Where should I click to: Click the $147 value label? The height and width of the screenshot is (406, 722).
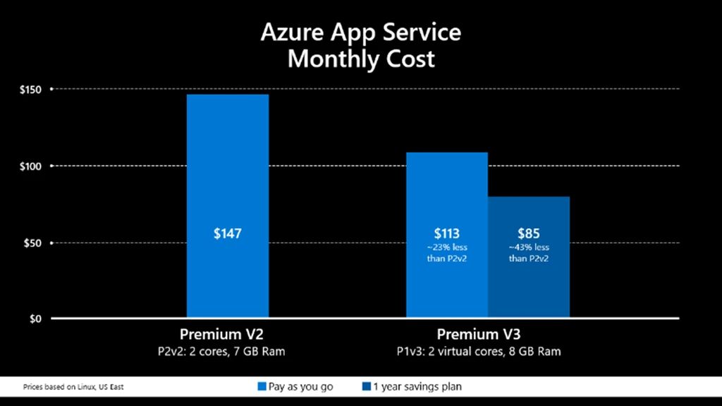[x=227, y=233]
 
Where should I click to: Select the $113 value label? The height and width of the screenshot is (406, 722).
[x=446, y=233]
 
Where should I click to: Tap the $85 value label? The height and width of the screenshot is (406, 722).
[x=528, y=233]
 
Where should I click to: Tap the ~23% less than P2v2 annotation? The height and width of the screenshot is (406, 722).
[x=446, y=253]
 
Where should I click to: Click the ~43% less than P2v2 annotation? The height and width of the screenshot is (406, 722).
[x=528, y=253]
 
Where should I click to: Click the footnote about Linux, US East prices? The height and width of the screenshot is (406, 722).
[x=68, y=387]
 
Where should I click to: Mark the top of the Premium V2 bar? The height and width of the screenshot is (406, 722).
[x=227, y=95]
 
